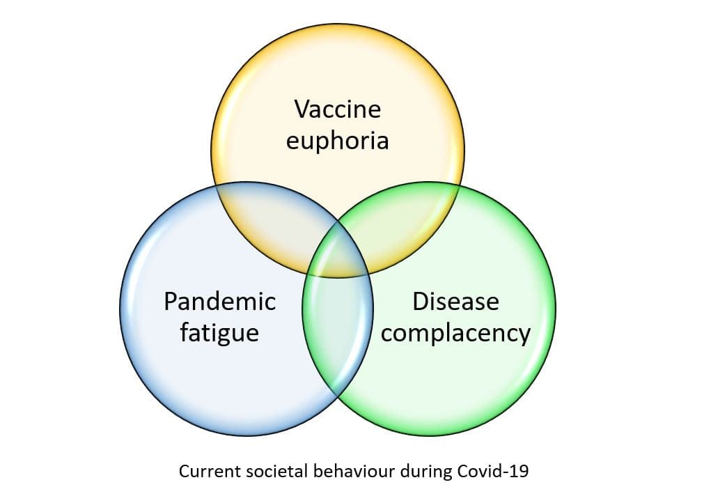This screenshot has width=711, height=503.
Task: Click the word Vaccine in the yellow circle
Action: [x=338, y=109]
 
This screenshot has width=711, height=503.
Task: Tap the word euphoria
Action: [x=338, y=141]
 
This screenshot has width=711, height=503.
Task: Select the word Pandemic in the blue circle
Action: [x=220, y=302]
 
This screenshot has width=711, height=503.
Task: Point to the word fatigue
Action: [x=219, y=333]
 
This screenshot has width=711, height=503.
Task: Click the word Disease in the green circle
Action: [x=456, y=302]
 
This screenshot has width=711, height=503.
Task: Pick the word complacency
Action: [x=456, y=334]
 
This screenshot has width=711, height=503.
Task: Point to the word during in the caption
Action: [x=425, y=471]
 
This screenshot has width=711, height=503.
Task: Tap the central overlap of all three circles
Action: [x=338, y=254]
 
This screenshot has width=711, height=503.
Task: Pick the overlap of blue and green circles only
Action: [x=338, y=327]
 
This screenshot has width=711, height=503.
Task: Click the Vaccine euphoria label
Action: [x=338, y=125]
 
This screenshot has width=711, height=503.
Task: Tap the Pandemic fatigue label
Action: [x=219, y=317]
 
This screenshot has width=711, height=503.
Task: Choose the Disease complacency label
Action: [x=456, y=318]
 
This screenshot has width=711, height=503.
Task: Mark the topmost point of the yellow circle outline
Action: [x=338, y=24]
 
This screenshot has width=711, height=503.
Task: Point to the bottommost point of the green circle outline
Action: [x=429, y=435]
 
